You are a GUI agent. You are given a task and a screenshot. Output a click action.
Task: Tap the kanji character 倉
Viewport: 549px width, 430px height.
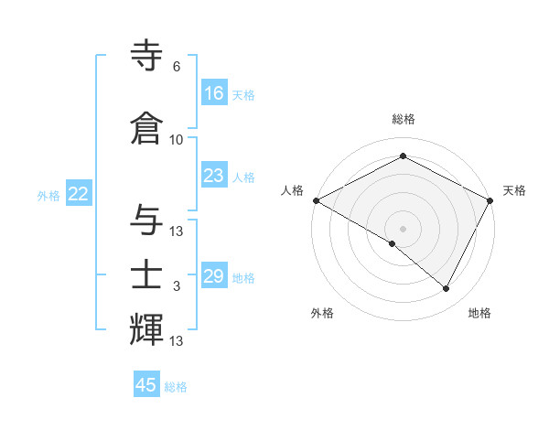pyautogui.click(x=148, y=128)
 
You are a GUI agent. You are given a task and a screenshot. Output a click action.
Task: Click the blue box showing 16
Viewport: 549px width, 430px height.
pyautogui.click(x=214, y=93)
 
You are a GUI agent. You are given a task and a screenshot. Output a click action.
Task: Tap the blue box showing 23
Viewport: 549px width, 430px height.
pyautogui.click(x=214, y=176)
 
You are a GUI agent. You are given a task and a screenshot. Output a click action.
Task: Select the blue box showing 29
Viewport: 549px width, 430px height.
pyautogui.click(x=214, y=276)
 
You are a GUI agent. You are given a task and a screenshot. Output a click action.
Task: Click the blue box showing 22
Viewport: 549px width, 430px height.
pyautogui.click(x=79, y=194)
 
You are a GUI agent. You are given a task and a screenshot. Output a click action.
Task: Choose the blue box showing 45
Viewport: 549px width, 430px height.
pyautogui.click(x=146, y=385)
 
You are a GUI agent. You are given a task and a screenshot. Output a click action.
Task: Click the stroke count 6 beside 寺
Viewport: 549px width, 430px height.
pyautogui.click(x=177, y=67)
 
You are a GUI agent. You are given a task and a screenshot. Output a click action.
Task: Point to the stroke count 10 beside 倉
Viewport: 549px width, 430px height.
pyautogui.click(x=177, y=139)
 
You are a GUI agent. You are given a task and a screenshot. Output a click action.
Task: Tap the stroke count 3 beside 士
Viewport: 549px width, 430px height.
pyautogui.click(x=177, y=286)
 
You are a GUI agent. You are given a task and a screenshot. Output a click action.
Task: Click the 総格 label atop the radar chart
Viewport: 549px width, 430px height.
pyautogui.click(x=404, y=119)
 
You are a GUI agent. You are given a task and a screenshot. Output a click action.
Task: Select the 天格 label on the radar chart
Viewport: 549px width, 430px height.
pyautogui.click(x=514, y=190)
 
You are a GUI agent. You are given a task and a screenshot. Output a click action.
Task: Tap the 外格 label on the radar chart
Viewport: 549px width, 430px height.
pyautogui.click(x=322, y=313)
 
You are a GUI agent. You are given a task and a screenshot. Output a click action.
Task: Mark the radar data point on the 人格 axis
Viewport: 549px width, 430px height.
pyautogui.click(x=316, y=200)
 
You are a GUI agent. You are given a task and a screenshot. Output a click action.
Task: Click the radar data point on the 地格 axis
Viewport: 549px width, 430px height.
pyautogui.click(x=447, y=289)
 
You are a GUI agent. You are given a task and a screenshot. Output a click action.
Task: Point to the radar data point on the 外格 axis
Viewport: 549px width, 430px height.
pyautogui.click(x=393, y=243)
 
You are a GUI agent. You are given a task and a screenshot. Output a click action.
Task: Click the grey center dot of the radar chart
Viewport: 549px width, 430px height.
pyautogui.click(x=403, y=228)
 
